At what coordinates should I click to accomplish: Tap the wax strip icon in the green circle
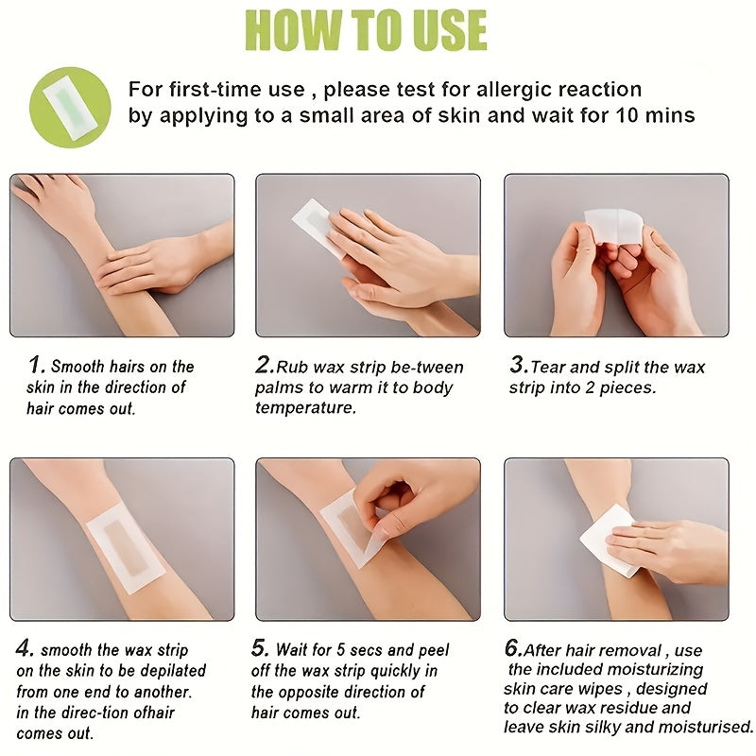coord(70,107)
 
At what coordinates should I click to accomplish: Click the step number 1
coord(36,365)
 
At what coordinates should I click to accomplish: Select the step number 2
coord(266,365)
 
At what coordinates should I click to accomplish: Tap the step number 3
coord(519,365)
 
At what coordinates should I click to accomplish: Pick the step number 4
coord(26,647)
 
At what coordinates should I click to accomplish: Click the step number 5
coord(261,647)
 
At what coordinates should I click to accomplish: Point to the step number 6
coord(513,647)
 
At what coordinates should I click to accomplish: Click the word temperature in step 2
coord(305,408)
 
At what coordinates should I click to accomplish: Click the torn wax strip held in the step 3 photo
coord(613,226)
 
